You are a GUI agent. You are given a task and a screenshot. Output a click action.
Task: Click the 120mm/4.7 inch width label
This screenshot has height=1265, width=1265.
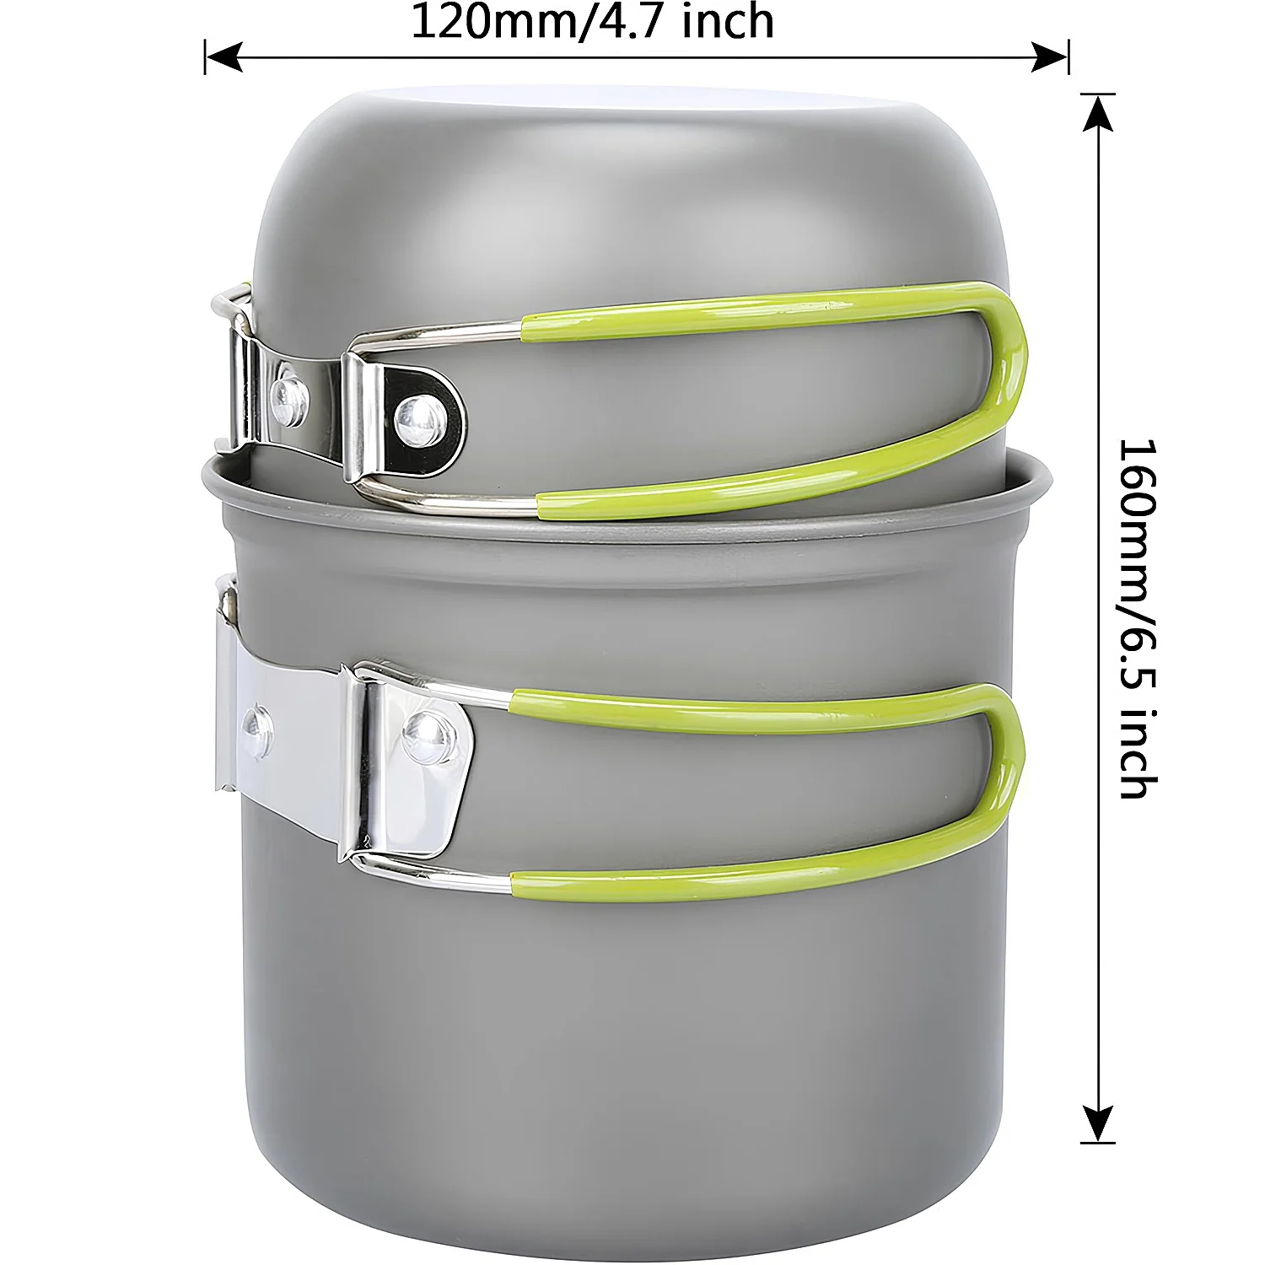point(592,22)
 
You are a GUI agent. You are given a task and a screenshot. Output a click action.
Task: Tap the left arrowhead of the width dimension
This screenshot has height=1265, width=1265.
point(223,57)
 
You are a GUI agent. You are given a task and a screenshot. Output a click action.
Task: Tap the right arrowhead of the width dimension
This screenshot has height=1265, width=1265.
point(1051,57)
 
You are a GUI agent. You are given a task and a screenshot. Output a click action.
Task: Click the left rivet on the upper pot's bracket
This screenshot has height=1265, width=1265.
point(289,390)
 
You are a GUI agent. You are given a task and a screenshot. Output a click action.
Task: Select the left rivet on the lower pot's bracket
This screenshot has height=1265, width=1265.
point(257,724)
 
